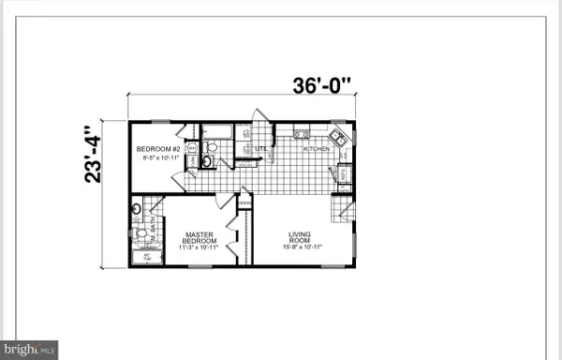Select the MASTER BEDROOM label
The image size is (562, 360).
[x=200, y=238]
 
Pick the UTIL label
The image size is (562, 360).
[x=262, y=147]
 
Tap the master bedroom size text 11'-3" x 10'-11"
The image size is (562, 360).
[x=200, y=247]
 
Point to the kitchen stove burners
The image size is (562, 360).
[x=303, y=135]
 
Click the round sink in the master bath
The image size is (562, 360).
[x=138, y=209]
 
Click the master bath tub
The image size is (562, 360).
[x=146, y=254]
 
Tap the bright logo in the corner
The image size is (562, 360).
[x=29, y=349]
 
